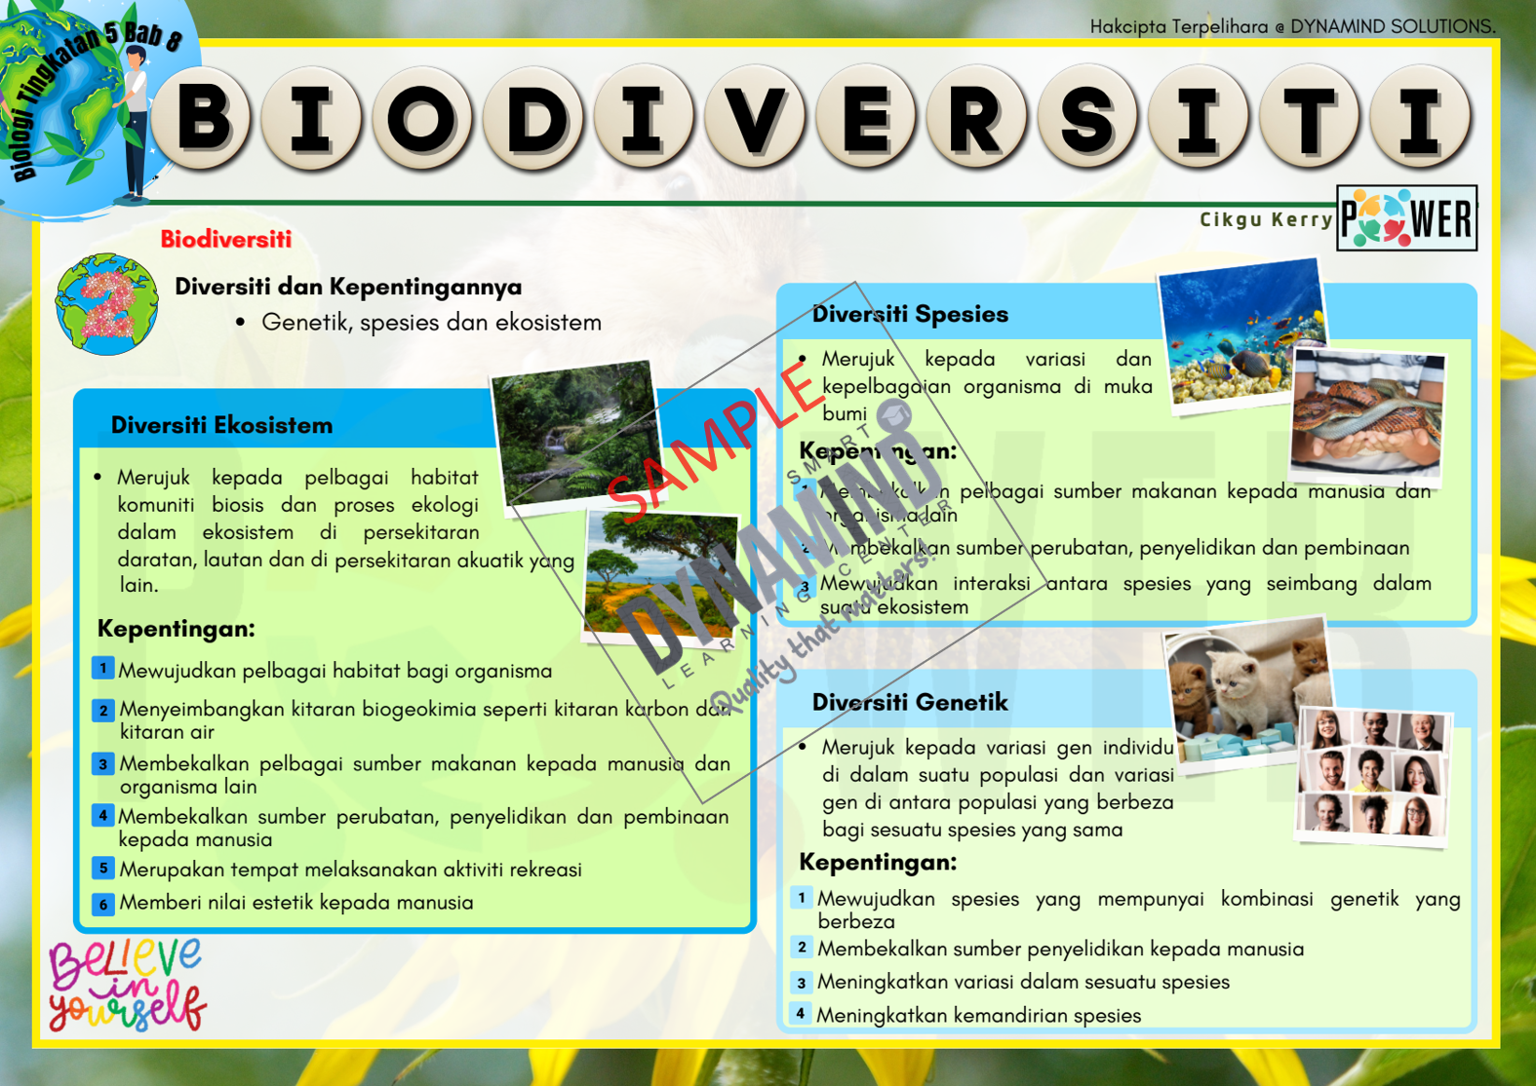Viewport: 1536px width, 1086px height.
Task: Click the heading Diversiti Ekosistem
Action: point(221,425)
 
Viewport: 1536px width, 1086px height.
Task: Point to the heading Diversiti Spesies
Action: point(910,314)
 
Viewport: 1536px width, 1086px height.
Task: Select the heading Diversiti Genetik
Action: point(910,702)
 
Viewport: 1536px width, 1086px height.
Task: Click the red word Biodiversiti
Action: point(225,240)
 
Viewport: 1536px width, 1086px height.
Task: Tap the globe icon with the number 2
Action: point(107,304)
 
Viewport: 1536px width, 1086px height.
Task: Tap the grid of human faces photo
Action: point(1373,775)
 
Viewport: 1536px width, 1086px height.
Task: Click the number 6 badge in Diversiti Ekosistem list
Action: point(103,904)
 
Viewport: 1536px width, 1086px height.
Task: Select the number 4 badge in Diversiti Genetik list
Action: point(801,1014)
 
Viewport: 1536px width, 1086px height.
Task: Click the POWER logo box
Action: point(1406,218)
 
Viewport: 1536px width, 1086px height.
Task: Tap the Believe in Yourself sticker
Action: point(127,985)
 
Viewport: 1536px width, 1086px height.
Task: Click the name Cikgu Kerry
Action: point(1266,219)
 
